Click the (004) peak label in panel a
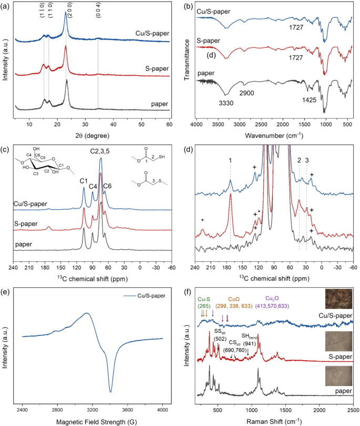(98, 15)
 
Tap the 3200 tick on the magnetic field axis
(92, 408)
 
